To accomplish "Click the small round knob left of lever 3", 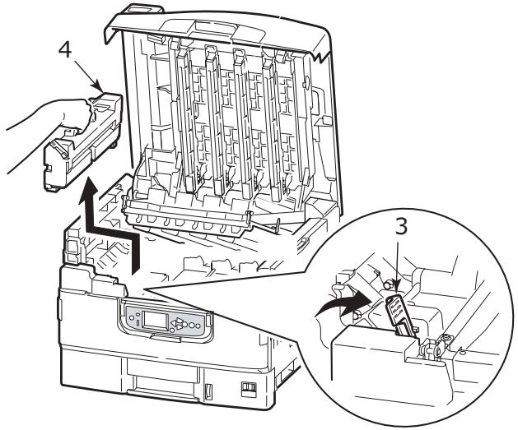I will pos(384,284).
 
